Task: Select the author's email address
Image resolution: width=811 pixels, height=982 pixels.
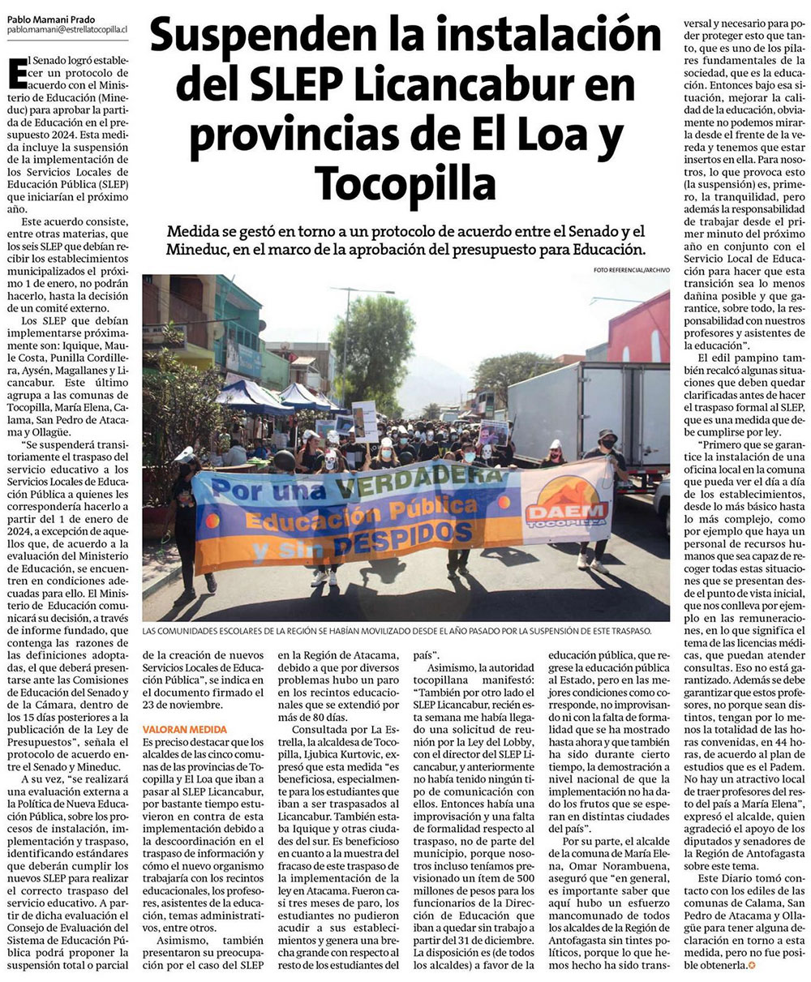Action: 68,29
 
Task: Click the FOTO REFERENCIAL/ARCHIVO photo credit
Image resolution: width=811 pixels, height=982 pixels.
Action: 631,269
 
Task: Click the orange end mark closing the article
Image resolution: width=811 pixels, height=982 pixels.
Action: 750,966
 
